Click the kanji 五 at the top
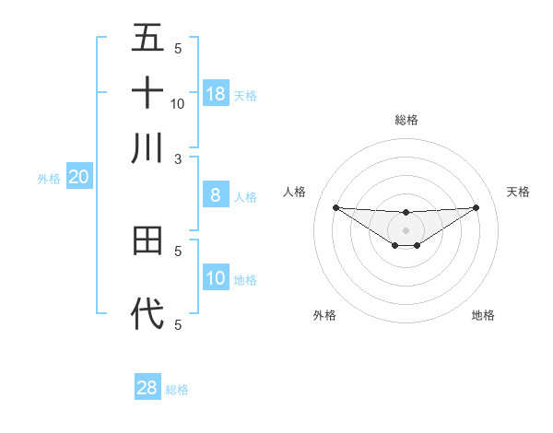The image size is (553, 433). click(147, 38)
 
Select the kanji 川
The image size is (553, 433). click(147, 148)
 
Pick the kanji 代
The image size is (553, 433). click(147, 314)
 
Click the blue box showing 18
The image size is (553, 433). click(216, 94)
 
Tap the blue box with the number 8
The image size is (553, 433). click(216, 195)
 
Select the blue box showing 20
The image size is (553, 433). click(78, 178)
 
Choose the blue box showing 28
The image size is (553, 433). click(147, 388)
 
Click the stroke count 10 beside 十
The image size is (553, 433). click(178, 104)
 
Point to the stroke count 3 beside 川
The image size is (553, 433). click(178, 159)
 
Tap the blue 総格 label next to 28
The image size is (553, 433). click(178, 390)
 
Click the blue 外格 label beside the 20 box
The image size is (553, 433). click(49, 180)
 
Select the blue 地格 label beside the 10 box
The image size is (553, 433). click(245, 280)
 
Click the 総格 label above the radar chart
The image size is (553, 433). click(406, 121)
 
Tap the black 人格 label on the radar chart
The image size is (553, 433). click(295, 192)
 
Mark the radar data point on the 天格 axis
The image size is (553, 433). click(476, 207)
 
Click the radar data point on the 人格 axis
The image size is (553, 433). click(335, 207)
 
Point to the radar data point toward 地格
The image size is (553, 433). click(417, 245)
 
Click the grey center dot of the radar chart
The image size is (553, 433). click(406, 229)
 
